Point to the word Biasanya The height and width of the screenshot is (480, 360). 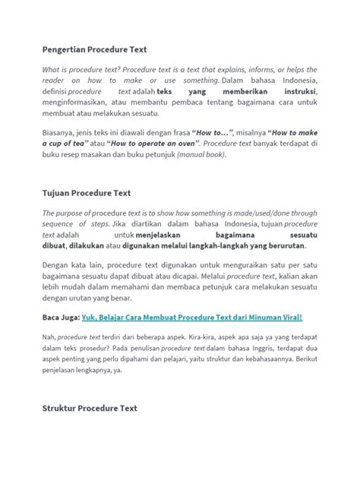pos(62,128)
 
